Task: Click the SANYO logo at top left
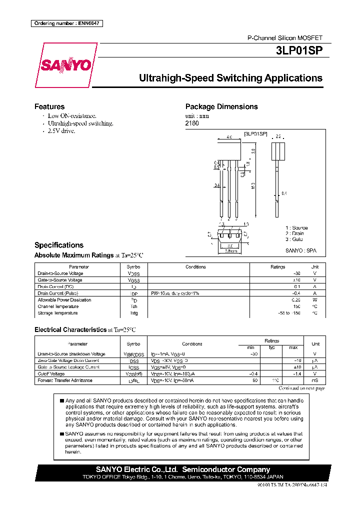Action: (65, 65)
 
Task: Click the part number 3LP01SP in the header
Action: (299, 50)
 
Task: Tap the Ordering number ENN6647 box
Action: (66, 23)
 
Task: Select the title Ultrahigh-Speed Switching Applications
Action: (230, 78)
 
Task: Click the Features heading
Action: (49, 106)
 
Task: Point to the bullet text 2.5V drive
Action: (61, 130)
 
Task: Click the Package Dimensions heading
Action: (221, 106)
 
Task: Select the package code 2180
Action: (192, 123)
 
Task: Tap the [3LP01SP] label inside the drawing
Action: (255, 134)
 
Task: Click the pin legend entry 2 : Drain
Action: (294, 233)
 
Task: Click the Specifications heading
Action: (58, 245)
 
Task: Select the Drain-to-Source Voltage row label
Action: (60, 273)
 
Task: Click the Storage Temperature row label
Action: (57, 313)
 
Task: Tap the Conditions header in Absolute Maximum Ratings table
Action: (195, 267)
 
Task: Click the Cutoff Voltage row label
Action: (51, 373)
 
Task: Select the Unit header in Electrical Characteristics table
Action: (315, 344)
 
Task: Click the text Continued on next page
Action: (301, 388)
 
